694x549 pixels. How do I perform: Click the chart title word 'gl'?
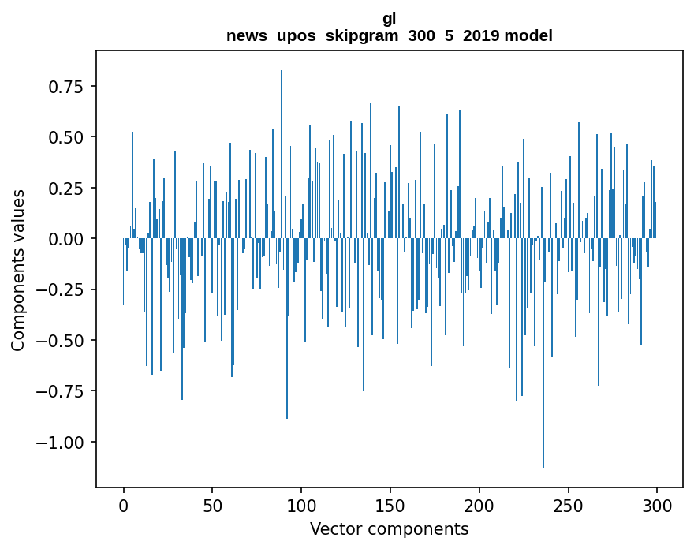coord(389,19)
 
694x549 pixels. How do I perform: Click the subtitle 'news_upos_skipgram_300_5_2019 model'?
coord(389,35)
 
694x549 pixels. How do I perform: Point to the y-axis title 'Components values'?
coord(17,270)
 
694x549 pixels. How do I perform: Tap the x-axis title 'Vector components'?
coord(389,529)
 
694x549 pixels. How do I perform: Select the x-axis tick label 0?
coord(123,506)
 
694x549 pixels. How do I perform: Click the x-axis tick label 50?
coord(212,506)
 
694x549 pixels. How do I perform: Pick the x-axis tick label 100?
coord(301,506)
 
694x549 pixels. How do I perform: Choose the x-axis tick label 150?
coord(390,506)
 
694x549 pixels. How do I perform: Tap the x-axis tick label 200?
coord(479,506)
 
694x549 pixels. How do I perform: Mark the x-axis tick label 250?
coord(568,506)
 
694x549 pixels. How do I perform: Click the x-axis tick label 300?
coord(657,506)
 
